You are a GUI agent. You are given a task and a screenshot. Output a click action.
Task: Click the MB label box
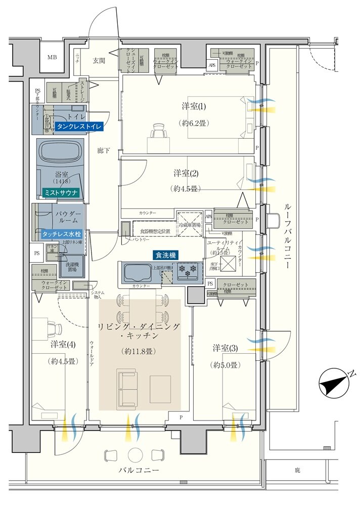tap(52, 57)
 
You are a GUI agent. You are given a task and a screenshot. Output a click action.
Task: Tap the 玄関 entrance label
tap(99, 61)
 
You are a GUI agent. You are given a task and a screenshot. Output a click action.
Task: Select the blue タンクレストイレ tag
tap(79, 126)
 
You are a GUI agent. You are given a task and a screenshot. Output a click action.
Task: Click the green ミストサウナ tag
tap(60, 192)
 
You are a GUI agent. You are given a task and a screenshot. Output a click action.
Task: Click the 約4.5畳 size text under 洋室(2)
tap(186, 188)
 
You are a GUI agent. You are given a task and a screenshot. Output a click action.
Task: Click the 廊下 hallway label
tap(105, 150)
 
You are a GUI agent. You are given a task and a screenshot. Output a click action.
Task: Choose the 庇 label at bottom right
tap(297, 470)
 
